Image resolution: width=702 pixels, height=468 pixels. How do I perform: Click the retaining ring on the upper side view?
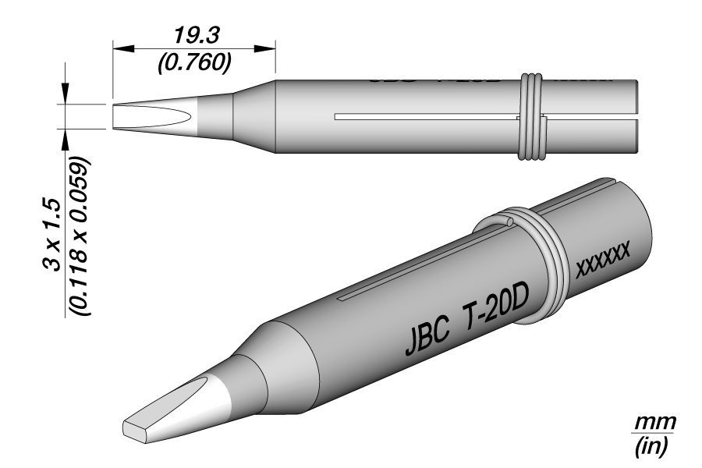532,117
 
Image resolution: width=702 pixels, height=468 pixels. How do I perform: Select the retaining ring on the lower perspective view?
531,241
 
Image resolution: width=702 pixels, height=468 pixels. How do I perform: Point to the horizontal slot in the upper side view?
425,118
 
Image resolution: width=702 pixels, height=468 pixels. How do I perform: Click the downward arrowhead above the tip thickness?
65,94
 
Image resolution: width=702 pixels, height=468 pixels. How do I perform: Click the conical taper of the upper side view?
256,117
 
